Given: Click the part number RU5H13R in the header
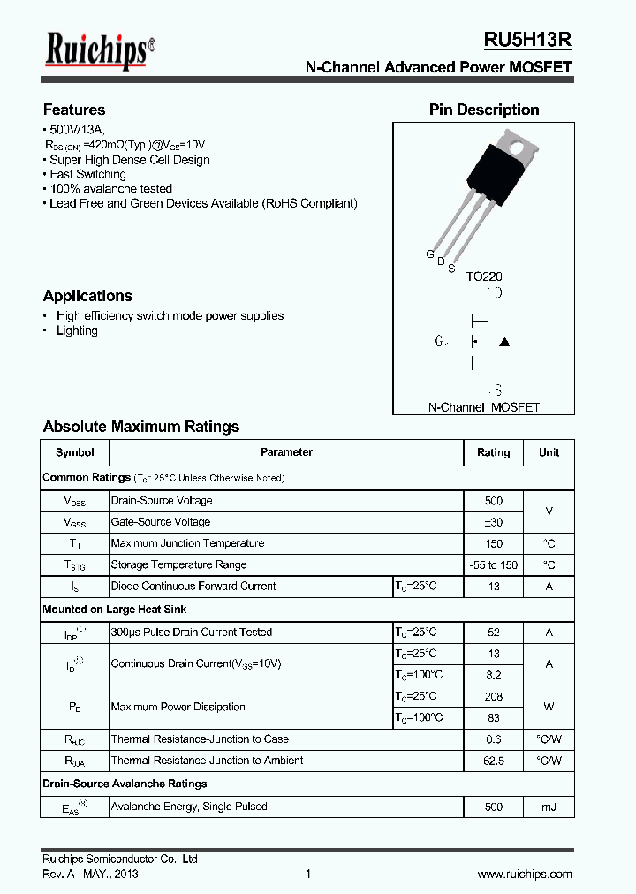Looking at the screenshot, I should (x=527, y=40).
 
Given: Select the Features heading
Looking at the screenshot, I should (x=74, y=110).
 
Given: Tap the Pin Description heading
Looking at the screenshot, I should (x=484, y=110).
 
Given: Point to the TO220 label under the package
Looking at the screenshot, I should (x=484, y=277).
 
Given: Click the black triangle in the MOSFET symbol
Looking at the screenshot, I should (x=504, y=341).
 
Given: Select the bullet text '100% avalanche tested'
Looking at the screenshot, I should (x=110, y=188).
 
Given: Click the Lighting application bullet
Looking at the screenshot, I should (x=77, y=330).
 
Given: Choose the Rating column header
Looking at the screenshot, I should (x=493, y=452).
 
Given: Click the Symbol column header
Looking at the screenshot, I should (x=74, y=452).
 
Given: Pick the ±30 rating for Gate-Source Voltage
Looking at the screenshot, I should (x=493, y=522).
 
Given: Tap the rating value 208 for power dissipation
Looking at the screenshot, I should (x=493, y=697).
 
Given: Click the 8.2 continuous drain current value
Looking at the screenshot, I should (x=493, y=675).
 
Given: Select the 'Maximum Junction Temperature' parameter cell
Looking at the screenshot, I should (x=187, y=543).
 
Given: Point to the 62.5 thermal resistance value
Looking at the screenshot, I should (x=493, y=761).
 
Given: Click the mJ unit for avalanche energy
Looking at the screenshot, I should (x=549, y=807).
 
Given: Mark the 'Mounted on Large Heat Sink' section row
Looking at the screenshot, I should (x=115, y=610).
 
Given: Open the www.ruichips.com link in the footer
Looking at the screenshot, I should (x=524, y=874).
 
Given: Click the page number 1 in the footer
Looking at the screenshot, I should (x=307, y=874).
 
